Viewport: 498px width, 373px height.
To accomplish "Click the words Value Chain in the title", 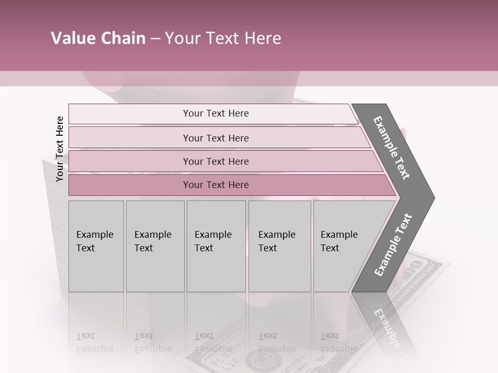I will [98, 38].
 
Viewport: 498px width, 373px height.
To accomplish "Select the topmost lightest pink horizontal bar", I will [130, 114].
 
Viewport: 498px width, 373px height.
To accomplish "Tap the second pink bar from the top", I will [130, 138].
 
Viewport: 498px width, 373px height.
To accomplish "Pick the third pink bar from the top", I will [130, 161].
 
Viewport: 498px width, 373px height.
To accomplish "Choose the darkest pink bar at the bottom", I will [130, 185].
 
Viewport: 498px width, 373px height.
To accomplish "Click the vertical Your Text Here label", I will [60, 149].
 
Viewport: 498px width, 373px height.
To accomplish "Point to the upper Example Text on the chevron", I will [392, 148].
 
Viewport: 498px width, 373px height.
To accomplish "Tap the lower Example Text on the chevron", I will [393, 245].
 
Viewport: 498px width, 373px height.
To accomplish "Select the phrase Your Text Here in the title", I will [223, 38].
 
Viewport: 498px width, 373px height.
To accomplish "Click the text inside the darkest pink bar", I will [216, 185].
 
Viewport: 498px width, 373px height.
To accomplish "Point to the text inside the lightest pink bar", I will [216, 113].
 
